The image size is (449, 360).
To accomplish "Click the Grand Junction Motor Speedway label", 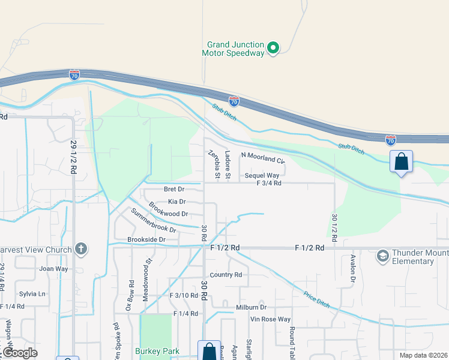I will tap(235, 49).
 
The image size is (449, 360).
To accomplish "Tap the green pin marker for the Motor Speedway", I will tap(273, 47).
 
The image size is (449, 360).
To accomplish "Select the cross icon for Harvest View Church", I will tap(82, 249).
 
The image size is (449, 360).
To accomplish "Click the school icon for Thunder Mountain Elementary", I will tap(382, 257).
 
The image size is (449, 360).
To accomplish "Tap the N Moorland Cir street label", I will tap(262, 158).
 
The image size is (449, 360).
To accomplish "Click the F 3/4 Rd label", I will tap(268, 184).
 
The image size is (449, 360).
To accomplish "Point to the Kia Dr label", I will tap(176, 202).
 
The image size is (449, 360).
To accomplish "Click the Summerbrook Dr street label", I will tap(154, 221).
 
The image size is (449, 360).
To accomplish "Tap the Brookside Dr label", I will tap(146, 239).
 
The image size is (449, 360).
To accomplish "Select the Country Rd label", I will tap(226, 275).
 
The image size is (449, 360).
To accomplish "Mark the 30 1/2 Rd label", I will tap(334, 227).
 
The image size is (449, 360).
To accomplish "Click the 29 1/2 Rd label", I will tap(74, 157).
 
